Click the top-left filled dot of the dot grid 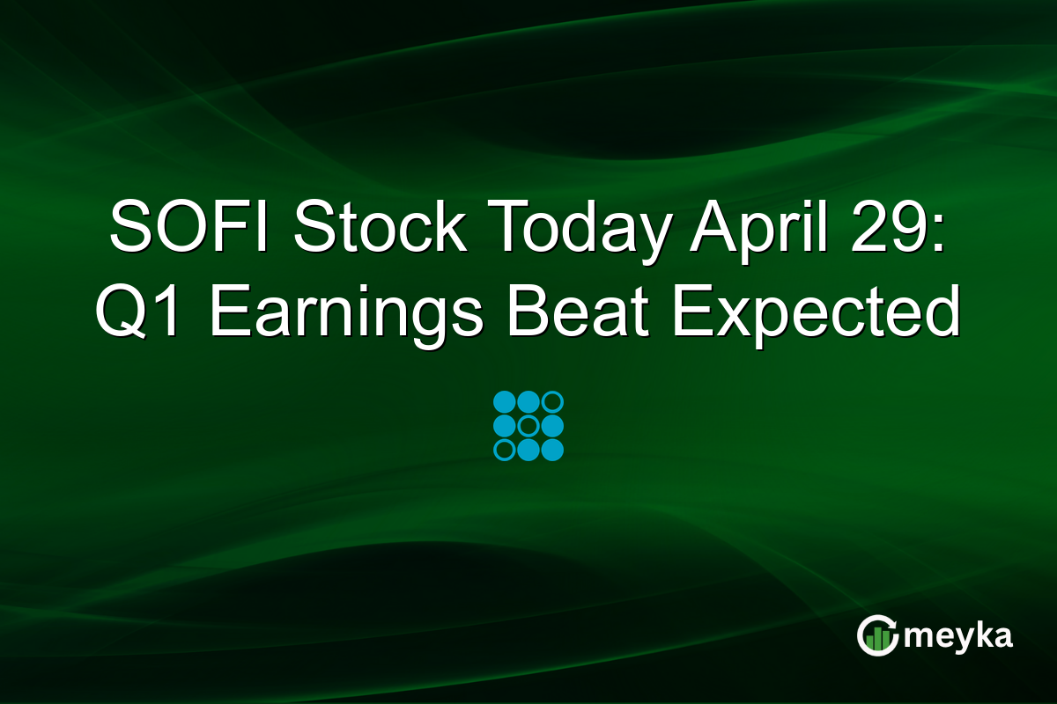pyautogui.click(x=505, y=403)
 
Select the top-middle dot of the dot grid pyautogui.click(x=528, y=403)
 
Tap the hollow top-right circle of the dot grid pyautogui.click(x=552, y=403)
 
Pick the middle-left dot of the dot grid pyautogui.click(x=505, y=427)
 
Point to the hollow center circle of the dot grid pyautogui.click(x=528, y=427)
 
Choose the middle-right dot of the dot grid pyautogui.click(x=552, y=427)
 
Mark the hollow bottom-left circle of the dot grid pyautogui.click(x=505, y=451)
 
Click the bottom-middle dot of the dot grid pyautogui.click(x=528, y=451)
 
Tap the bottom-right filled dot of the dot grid pyautogui.click(x=552, y=451)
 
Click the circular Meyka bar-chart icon pyautogui.click(x=876, y=635)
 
